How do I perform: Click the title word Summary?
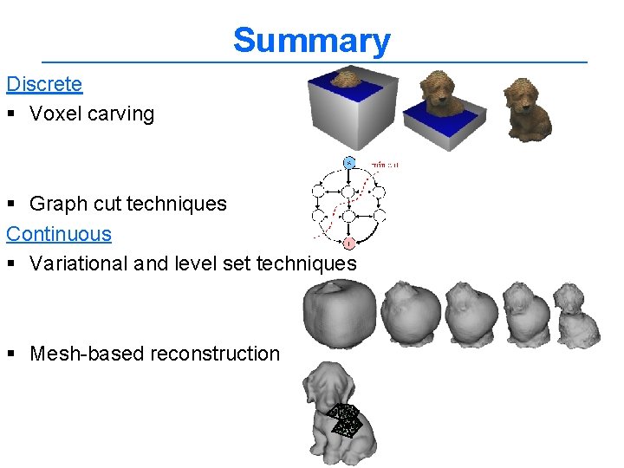311,41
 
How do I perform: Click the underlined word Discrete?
44,84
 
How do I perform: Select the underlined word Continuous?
59,233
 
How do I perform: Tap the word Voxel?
54,114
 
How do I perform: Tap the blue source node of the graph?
348,162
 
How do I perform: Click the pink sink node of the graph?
348,244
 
